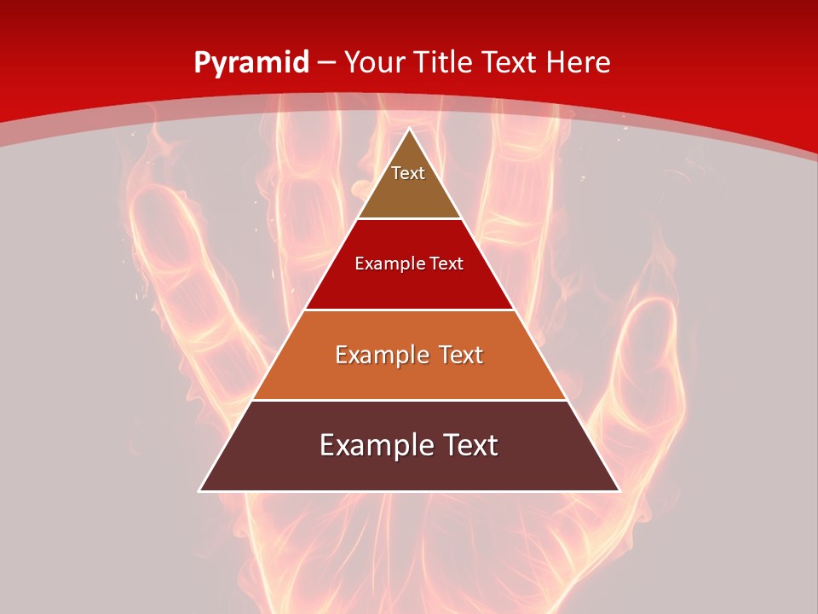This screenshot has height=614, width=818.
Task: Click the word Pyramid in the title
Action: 251,63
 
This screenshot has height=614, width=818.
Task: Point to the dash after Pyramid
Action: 326,63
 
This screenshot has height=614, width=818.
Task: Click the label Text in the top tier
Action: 408,173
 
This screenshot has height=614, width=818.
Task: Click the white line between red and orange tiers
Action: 409,310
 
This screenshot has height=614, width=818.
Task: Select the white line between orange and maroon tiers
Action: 409,400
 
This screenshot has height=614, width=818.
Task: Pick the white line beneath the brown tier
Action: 409,219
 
